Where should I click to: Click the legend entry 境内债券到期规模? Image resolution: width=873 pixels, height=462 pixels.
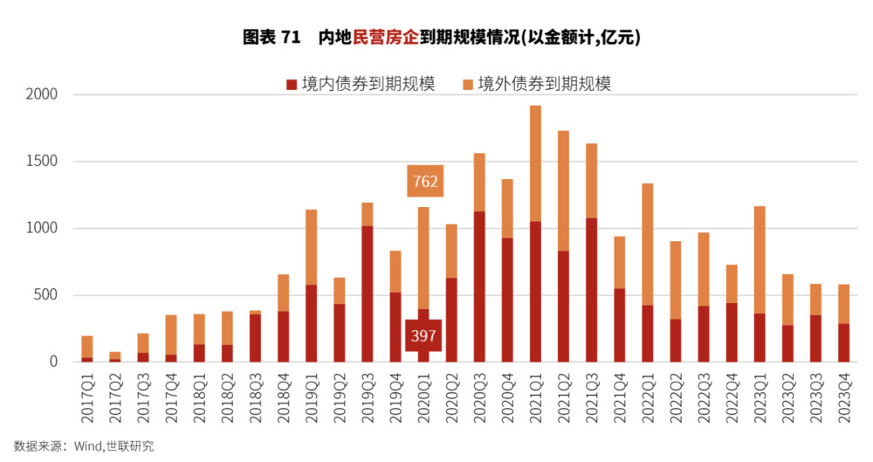360,84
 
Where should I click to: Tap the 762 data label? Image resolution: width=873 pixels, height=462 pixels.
423,182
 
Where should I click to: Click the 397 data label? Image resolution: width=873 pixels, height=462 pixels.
423,336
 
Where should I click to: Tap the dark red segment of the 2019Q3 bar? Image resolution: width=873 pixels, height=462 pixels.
368,293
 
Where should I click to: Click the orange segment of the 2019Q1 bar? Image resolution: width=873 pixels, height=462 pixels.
312,247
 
